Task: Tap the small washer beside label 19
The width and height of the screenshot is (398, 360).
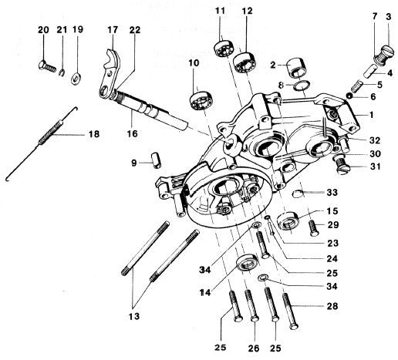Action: (x=77, y=78)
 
